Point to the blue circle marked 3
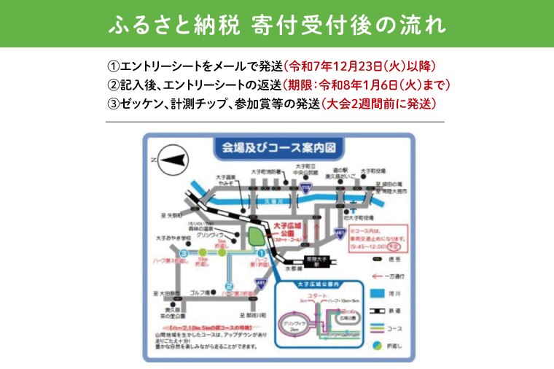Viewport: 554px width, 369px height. click(x=185, y=253)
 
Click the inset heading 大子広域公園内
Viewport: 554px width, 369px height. click(x=315, y=284)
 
